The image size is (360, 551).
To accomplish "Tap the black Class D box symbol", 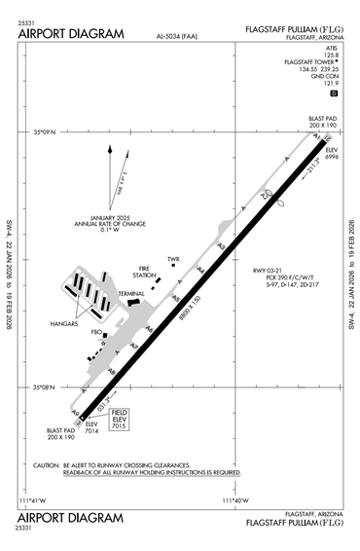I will point(334,93).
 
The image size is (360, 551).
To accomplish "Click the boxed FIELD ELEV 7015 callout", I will point(120,420).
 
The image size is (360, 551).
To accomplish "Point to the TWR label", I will point(173,259).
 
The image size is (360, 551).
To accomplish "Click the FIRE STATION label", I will point(147,272).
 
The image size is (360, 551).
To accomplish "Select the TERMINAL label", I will point(131,293).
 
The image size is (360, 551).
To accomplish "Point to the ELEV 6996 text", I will point(332,153).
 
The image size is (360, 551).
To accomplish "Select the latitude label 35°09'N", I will point(46,131).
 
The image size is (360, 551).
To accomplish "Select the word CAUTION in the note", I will point(47,465).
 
